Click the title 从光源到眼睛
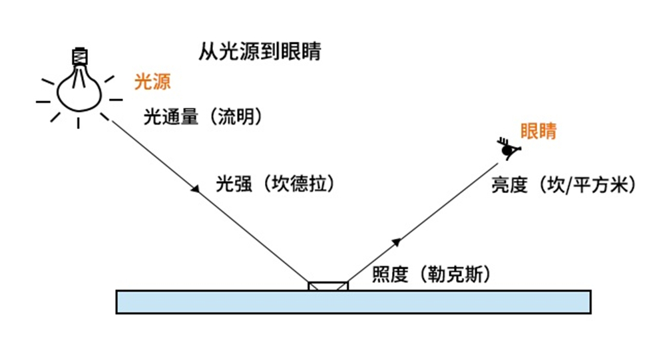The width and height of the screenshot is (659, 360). click(260, 51)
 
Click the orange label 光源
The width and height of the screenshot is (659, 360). click(152, 82)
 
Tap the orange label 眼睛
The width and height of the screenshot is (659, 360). click(538, 131)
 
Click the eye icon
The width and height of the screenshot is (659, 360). click(508, 150)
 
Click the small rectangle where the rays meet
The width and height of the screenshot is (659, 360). click(328, 285)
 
